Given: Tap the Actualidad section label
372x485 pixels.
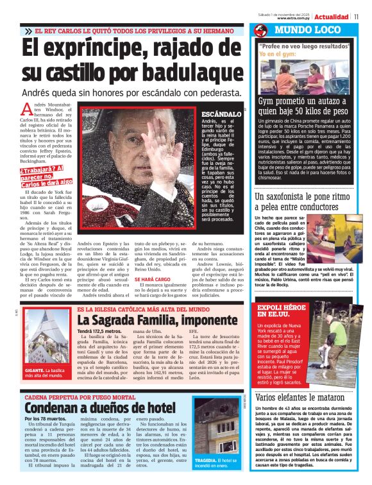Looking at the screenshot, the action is tap(332, 16).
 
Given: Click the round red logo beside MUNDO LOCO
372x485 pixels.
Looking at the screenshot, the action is tap(260, 31).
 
